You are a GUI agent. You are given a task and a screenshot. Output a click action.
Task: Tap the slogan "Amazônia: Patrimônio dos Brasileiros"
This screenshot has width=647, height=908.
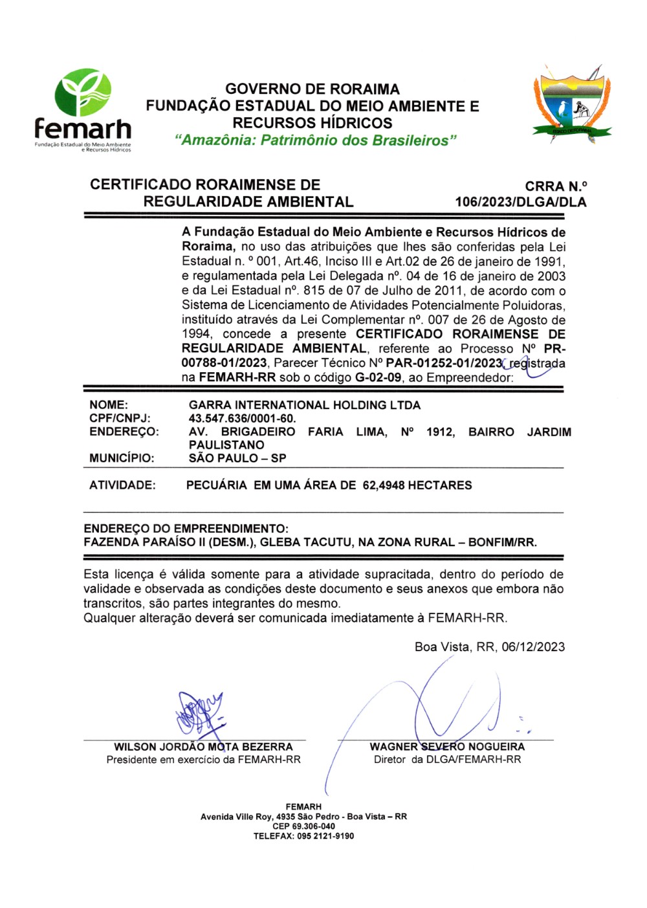pyautogui.click(x=316, y=140)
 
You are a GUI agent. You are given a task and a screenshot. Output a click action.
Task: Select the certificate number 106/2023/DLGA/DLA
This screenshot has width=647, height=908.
pyautogui.click(x=520, y=202)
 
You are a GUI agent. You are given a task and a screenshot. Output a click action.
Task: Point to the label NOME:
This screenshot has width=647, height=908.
pyautogui.click(x=109, y=405)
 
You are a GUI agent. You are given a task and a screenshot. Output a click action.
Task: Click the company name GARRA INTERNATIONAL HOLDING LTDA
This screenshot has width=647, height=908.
pyautogui.click(x=304, y=405)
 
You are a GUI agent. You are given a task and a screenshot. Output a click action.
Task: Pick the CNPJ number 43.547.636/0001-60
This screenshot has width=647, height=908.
pyautogui.click(x=242, y=419)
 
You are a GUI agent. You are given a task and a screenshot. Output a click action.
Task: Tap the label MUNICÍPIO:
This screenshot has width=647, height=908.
pyautogui.click(x=122, y=458)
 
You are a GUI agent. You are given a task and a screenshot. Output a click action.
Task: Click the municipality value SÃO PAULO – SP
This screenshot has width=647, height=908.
pyautogui.click(x=237, y=458)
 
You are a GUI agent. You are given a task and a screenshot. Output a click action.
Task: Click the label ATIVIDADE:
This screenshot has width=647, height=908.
pyautogui.click(x=122, y=485)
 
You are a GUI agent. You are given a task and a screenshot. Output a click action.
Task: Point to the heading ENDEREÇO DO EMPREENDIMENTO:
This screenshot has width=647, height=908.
pyautogui.click(x=186, y=529)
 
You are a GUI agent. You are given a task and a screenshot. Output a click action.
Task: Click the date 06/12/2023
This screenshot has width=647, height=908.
pyautogui.click(x=533, y=647)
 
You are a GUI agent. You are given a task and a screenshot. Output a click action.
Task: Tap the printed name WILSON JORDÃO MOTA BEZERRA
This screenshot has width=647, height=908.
pyautogui.click(x=203, y=747)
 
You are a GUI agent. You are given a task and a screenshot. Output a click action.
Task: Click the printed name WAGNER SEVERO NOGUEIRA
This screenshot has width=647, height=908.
pyautogui.click(x=447, y=747)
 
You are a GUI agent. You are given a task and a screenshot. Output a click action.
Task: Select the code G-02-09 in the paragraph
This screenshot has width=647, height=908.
pyautogui.click(x=378, y=378)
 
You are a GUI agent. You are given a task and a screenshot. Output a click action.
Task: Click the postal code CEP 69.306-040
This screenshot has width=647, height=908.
pyautogui.click(x=303, y=826)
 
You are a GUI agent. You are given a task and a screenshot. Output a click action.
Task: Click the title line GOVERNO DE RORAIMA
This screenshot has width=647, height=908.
pyautogui.click(x=313, y=89)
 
